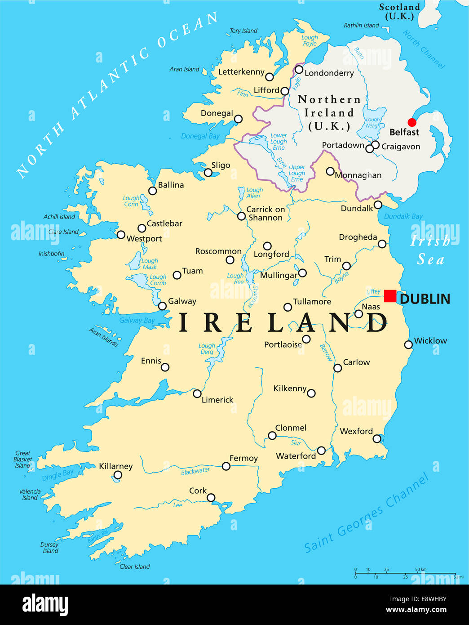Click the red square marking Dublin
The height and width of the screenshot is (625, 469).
(390, 296)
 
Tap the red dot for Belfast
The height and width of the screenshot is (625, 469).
(411, 122)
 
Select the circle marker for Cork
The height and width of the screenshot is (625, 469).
(211, 497)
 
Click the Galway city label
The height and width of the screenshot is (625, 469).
(182, 301)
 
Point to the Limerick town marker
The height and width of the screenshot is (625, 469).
(197, 393)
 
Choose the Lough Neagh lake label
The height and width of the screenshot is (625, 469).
(372, 123)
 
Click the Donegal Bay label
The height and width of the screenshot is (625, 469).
(200, 136)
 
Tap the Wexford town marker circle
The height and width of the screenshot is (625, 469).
(377, 438)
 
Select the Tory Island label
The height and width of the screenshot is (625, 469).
(243, 31)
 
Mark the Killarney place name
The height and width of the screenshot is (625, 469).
(115, 466)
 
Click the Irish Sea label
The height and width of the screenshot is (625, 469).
(430, 250)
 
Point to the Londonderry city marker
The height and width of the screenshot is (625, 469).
(299, 69)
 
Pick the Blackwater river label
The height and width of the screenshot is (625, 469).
(195, 471)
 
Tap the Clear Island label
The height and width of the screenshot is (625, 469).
(135, 567)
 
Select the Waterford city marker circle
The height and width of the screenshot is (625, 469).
(321, 451)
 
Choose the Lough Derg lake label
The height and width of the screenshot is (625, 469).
(207, 349)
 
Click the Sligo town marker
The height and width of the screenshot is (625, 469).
(208, 173)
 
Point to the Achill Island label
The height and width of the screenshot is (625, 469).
(59, 217)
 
